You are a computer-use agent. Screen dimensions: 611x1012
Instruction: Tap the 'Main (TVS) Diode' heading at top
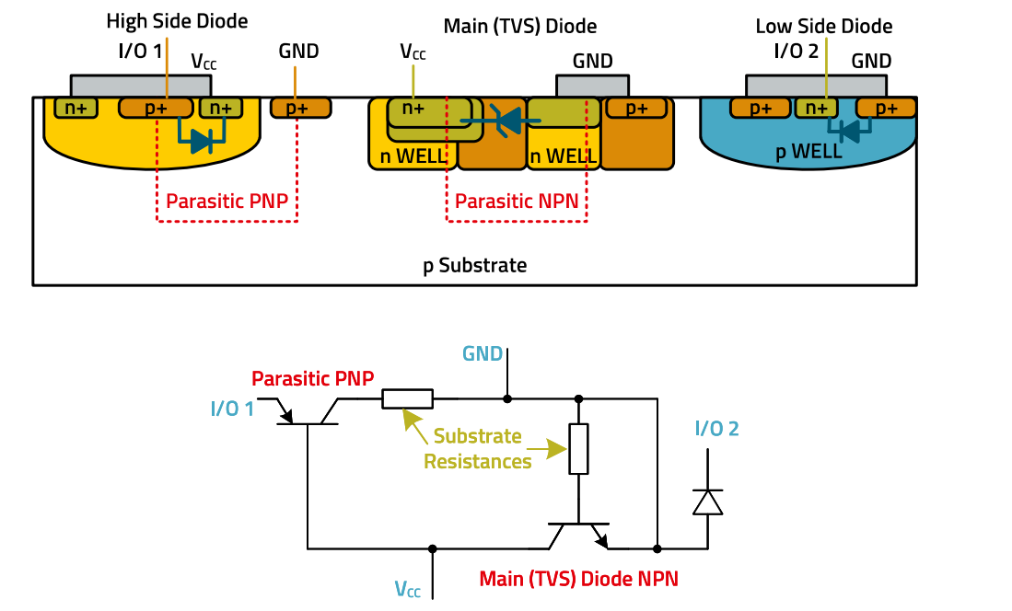520,26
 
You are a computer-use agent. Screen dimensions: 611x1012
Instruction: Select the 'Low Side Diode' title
823,27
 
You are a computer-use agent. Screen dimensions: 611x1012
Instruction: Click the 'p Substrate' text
474,266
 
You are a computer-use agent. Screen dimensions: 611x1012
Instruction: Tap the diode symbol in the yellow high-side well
201,141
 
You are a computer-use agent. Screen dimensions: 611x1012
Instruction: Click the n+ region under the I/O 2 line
816,108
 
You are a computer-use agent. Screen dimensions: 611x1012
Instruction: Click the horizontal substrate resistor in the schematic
407,399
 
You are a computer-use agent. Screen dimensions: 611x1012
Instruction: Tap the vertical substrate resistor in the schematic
578,448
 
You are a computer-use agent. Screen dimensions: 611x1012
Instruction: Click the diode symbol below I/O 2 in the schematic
707,501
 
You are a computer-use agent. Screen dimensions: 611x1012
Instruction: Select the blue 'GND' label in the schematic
483,353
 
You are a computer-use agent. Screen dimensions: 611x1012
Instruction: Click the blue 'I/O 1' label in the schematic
232,408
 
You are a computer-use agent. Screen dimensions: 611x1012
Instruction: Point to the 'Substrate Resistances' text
477,448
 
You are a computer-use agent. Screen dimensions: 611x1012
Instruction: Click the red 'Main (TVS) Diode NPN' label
578,579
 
